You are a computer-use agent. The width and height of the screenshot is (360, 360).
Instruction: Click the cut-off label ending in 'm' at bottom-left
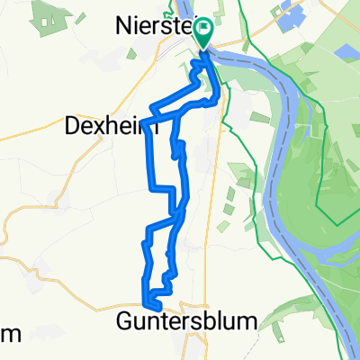[9, 334]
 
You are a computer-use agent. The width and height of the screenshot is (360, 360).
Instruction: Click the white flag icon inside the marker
[203, 32]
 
